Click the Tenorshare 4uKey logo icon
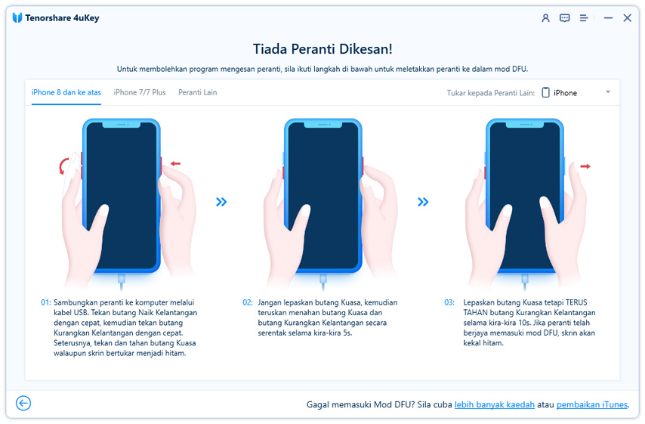[x=17, y=17]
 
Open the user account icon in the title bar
[x=545, y=17]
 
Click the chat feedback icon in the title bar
[x=564, y=17]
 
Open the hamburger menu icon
[x=583, y=17]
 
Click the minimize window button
[x=608, y=18]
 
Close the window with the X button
[x=627, y=17]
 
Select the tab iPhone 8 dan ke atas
[x=66, y=92]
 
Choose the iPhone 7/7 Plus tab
[x=140, y=92]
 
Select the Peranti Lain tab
[x=197, y=92]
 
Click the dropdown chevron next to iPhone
[x=608, y=91]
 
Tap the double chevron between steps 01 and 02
[x=221, y=202]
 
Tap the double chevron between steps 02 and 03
[x=423, y=202]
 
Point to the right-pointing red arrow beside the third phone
[x=585, y=166]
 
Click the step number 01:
[x=45, y=302]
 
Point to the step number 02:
[x=248, y=302]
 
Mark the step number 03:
[x=449, y=302]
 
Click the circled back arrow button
[x=23, y=403]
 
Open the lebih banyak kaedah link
[x=495, y=404]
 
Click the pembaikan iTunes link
[x=592, y=404]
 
